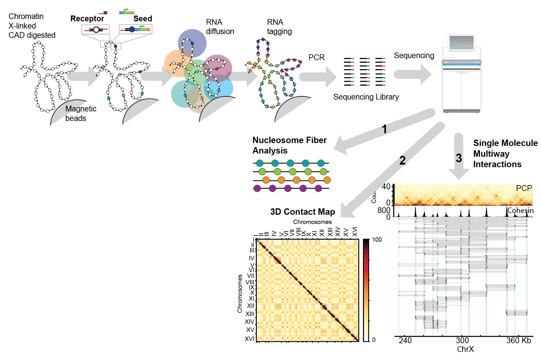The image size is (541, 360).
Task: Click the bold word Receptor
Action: [87, 19]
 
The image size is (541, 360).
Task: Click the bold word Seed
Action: [143, 19]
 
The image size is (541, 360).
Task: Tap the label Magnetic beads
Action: [81, 114]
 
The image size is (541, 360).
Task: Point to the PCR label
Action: [317, 58]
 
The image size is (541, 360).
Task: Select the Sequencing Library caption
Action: [366, 97]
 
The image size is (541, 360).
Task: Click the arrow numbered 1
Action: [384, 130]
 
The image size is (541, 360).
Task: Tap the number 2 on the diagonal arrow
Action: [403, 161]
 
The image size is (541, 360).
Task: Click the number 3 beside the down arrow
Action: [459, 158]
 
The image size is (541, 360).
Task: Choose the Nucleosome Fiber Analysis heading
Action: [289, 145]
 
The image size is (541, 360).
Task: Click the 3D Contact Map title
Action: [303, 212]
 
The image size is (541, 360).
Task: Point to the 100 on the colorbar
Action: [377, 240]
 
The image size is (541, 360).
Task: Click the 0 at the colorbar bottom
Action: [374, 340]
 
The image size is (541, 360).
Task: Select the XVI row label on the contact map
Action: [249, 339]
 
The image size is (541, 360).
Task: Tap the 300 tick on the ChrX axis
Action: [462, 341]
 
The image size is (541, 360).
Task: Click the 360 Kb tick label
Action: [518, 341]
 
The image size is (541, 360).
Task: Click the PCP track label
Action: [524, 189]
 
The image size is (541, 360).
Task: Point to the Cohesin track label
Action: [520, 211]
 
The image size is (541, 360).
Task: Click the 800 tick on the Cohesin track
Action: [384, 210]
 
